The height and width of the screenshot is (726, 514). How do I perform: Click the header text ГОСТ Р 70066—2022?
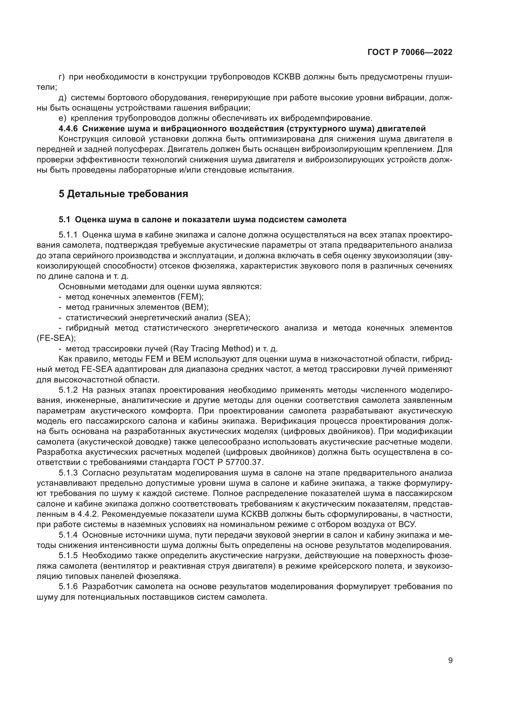(x=410, y=52)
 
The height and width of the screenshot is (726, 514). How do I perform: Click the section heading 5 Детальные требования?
(x=123, y=193)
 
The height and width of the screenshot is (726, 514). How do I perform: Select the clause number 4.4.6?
(x=68, y=129)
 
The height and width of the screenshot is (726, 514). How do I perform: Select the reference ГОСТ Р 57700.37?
(x=227, y=462)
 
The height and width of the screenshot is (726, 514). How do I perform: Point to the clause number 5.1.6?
(x=68, y=587)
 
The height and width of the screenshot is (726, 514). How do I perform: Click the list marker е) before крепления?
(x=62, y=118)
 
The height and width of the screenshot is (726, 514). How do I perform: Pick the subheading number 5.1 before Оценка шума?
(x=65, y=219)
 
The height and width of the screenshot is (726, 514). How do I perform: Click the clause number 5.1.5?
(x=68, y=556)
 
